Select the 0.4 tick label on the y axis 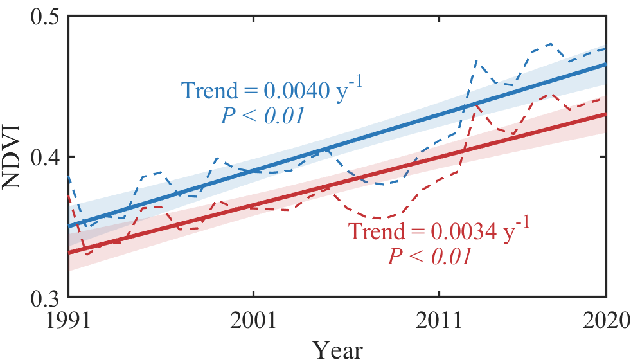tap(44, 156)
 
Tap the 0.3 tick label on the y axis tap(44, 297)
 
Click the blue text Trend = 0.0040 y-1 tap(272, 91)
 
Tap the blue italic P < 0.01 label tap(262, 116)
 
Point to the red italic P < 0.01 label tap(429, 257)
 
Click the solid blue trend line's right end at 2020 tap(605, 64)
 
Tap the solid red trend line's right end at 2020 tap(605, 114)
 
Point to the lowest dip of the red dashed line tap(85, 255)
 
